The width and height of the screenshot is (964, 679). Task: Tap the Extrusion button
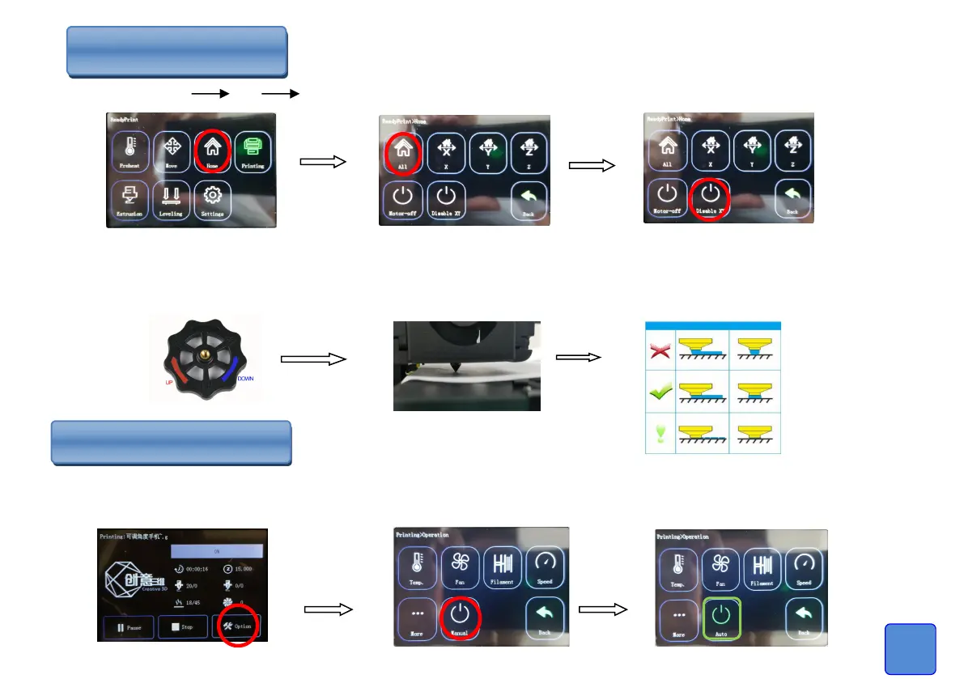[130, 201]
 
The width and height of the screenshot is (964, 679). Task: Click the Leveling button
[172, 201]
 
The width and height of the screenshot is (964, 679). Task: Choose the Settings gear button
[213, 201]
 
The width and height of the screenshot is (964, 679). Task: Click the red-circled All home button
[402, 151]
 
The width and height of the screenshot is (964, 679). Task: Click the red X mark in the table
[660, 348]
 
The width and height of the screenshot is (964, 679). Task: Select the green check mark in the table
[660, 392]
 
